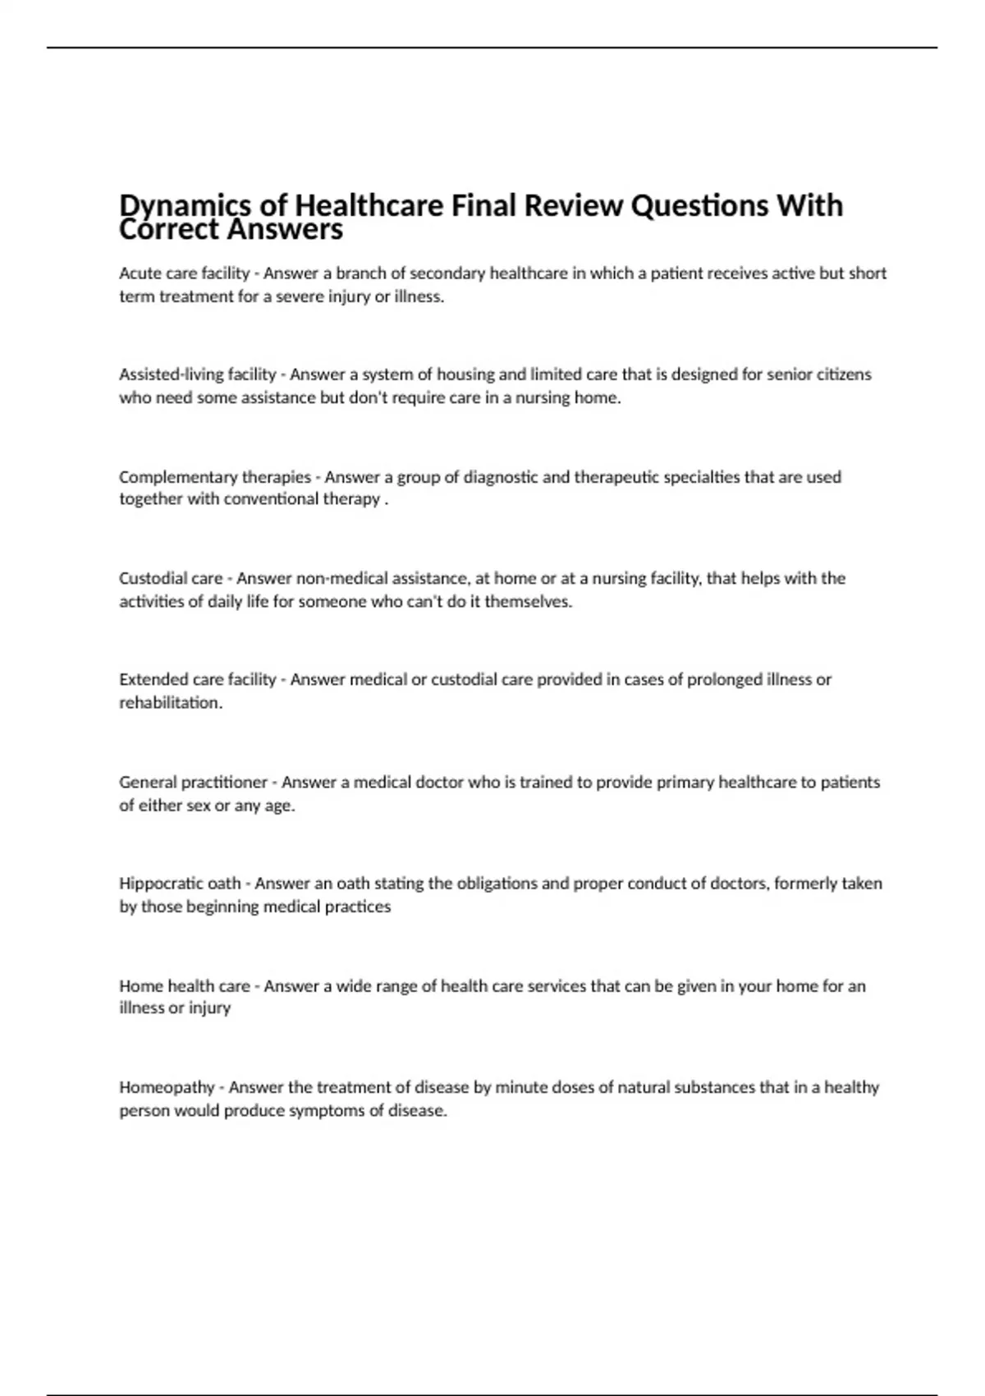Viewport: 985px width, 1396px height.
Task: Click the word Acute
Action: (x=139, y=273)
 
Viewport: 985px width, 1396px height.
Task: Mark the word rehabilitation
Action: (x=170, y=703)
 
